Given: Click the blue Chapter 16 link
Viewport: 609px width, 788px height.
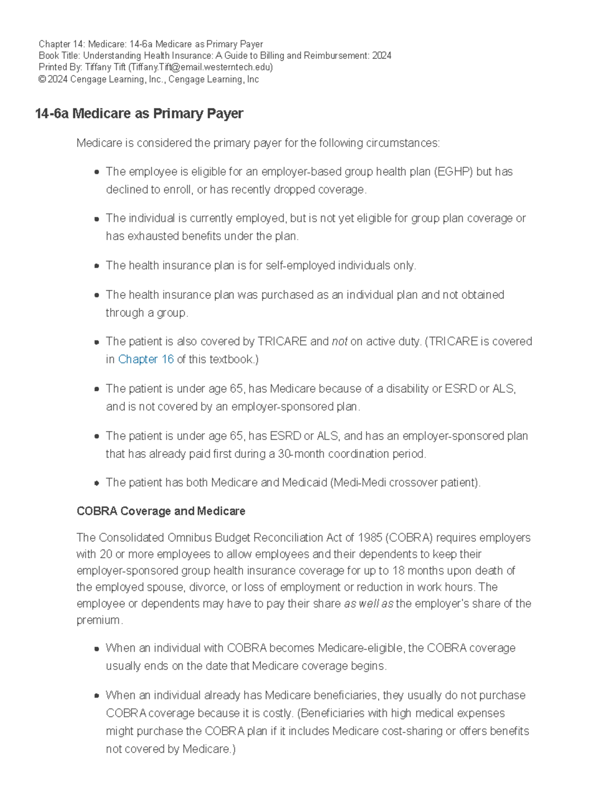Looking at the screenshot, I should [x=146, y=360].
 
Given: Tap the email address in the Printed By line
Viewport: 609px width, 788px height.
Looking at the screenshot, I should [x=201, y=67].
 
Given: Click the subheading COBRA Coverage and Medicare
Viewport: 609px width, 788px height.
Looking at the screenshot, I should [x=161, y=511].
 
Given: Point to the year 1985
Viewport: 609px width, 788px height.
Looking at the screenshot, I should [x=370, y=538].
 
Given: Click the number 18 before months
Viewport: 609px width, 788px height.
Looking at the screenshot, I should [x=398, y=571].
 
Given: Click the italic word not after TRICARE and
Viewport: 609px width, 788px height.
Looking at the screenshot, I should [x=340, y=342].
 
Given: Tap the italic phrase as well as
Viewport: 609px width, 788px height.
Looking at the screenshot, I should [x=368, y=604].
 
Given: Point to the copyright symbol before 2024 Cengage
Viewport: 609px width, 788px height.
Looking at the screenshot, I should [x=42, y=80].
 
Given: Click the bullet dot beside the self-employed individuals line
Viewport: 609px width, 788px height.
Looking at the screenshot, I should [x=96, y=266].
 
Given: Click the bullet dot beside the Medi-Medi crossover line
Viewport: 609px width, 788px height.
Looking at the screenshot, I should [x=96, y=484].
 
